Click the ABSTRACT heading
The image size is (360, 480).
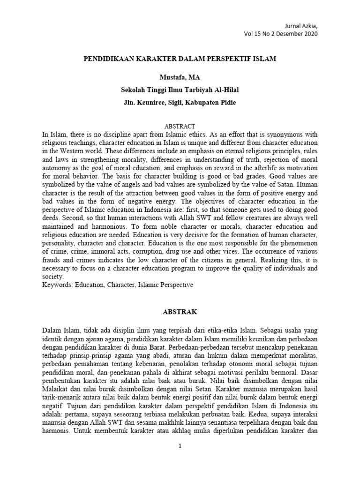[180, 127]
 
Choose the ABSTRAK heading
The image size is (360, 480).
[180, 311]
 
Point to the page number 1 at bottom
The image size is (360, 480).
[180, 445]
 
